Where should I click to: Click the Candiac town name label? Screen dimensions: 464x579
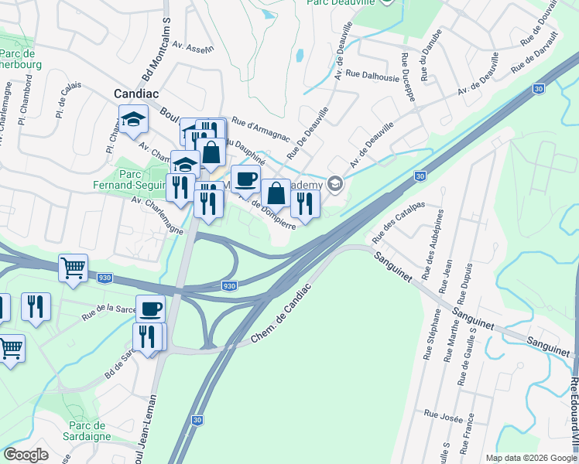136,93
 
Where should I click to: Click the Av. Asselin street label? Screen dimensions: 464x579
193,49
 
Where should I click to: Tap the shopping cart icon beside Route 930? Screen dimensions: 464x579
74,268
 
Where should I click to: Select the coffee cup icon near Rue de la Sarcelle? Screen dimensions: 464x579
151,308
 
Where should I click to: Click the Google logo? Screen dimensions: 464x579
26,455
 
